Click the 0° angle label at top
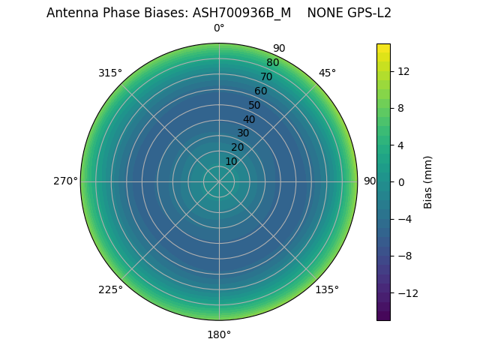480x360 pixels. pyautogui.click(x=219, y=28)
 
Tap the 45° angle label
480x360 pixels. pyautogui.click(x=327, y=73)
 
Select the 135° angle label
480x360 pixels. pyautogui.click(x=327, y=289)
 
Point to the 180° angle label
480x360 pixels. pyautogui.click(x=219, y=334)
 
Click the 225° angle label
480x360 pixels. pyautogui.click(x=110, y=289)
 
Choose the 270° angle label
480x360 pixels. pyautogui.click(x=65, y=181)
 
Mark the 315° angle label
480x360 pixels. pyautogui.click(x=110, y=73)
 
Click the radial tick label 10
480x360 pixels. pyautogui.click(x=231, y=161)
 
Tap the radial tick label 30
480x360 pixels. pyautogui.click(x=243, y=133)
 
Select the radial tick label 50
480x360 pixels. pyautogui.click(x=255, y=105)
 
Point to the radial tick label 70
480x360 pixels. pyautogui.click(x=266, y=77)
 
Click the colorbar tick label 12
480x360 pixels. pyautogui.click(x=403, y=71)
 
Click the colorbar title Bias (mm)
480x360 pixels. pyautogui.click(x=428, y=181)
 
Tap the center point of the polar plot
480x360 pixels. pyautogui.click(x=219, y=181)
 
